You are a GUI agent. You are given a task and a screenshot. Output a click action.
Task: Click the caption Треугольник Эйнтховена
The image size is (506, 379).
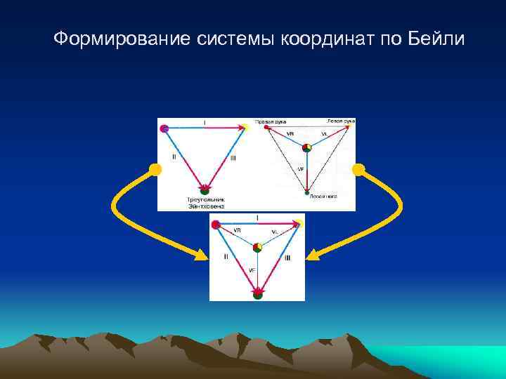(x=205, y=202)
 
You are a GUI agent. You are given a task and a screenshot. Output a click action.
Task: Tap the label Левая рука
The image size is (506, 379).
(x=341, y=121)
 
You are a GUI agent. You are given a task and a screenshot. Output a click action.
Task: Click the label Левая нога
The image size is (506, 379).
(x=324, y=197)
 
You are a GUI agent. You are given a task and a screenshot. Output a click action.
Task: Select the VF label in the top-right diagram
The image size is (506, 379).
(x=300, y=169)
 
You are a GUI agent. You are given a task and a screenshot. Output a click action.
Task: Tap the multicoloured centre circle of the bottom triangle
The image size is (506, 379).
(x=258, y=247)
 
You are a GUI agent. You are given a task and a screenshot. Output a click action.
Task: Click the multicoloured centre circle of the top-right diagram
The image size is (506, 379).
(x=306, y=147)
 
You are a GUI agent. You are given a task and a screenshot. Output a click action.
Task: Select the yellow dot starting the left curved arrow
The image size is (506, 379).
(x=155, y=169)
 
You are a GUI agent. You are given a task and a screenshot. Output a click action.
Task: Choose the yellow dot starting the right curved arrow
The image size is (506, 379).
(x=358, y=169)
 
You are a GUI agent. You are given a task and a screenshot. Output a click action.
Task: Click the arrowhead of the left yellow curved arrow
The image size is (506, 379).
(x=201, y=256)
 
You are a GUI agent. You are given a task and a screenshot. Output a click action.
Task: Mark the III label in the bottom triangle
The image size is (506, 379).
(x=288, y=258)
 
